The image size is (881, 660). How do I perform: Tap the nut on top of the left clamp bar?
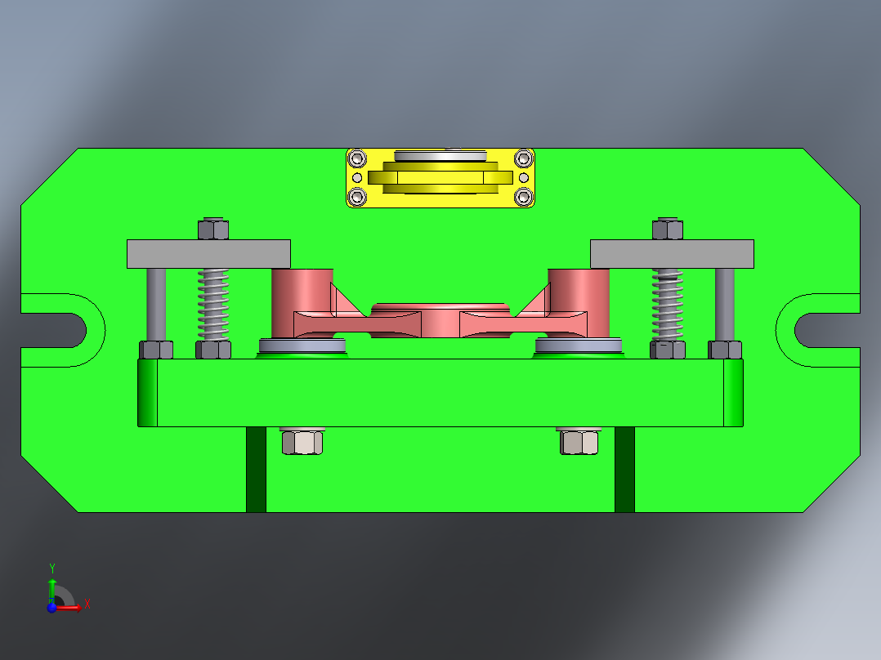tap(212, 229)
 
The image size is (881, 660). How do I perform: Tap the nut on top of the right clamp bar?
tap(668, 229)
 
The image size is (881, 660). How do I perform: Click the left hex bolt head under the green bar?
tap(302, 442)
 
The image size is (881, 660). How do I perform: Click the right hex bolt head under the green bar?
tap(580, 442)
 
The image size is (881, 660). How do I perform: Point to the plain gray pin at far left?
tap(156, 304)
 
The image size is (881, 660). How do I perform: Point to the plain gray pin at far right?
tap(724, 304)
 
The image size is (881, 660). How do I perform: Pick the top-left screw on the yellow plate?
tap(356, 158)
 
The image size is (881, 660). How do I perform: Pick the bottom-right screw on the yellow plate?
tap(523, 197)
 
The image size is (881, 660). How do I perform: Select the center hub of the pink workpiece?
tap(440, 319)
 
